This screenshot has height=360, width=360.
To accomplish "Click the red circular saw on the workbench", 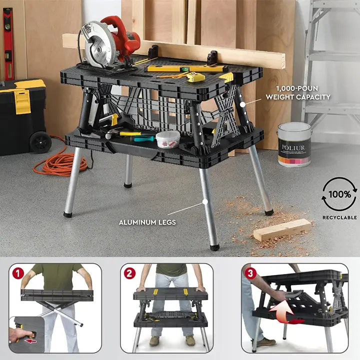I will [108, 42].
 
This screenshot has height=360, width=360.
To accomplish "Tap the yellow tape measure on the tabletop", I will [195, 77].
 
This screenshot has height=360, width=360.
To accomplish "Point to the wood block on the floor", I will [282, 229].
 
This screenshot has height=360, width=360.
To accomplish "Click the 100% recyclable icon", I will [339, 194].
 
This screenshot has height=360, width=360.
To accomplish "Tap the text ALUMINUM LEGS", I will [147, 222].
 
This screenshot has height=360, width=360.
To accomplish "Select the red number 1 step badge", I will [17, 273].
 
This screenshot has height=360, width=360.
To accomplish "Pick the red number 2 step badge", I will [129, 273].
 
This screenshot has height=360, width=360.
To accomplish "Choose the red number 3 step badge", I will [250, 273].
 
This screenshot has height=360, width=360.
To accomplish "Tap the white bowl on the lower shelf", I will [168, 139].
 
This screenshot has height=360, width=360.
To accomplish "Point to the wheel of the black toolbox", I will [40, 142].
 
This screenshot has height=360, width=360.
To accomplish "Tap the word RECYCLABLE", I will [339, 217].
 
